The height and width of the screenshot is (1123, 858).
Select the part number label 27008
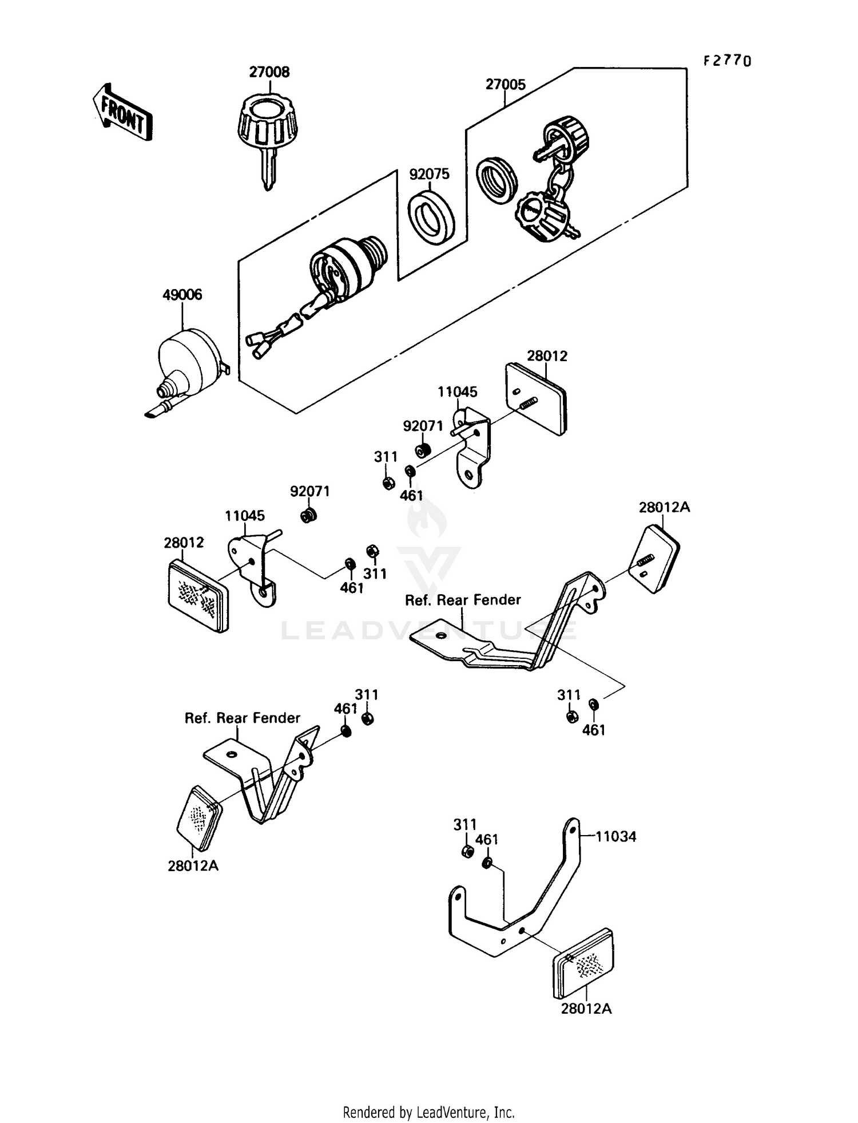(x=269, y=72)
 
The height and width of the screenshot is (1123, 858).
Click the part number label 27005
(x=505, y=85)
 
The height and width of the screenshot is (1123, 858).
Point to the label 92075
(x=429, y=174)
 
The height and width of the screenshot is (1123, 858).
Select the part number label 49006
(x=182, y=295)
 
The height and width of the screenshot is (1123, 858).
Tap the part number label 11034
(x=615, y=837)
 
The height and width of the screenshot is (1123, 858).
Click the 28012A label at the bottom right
(x=586, y=1009)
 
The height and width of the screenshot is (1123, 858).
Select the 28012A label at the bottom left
(x=193, y=866)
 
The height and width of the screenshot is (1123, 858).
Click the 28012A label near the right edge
(x=664, y=507)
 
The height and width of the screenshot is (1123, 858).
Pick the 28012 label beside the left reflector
(x=184, y=543)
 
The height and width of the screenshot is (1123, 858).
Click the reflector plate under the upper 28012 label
(x=537, y=398)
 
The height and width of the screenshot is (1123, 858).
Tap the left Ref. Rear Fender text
(x=242, y=718)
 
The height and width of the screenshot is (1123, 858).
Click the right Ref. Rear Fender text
(x=463, y=600)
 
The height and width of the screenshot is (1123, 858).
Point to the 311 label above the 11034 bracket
(x=464, y=824)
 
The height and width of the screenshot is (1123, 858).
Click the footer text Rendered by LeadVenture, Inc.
(x=428, y=1112)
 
